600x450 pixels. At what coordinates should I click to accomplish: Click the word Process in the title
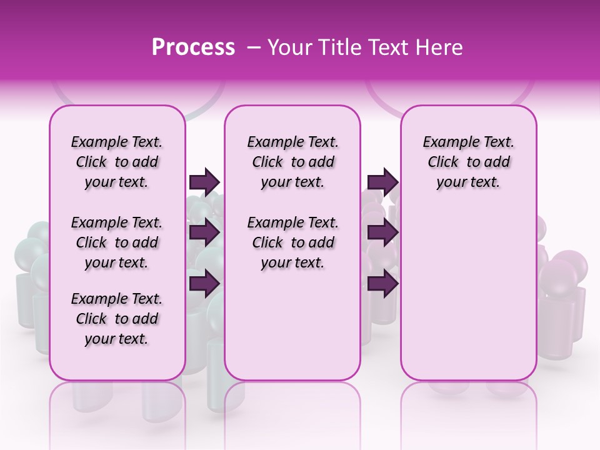193,47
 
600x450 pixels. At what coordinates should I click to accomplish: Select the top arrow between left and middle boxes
204,182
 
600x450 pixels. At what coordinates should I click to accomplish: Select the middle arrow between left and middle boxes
204,232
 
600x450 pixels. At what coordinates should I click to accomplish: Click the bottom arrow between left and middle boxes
204,283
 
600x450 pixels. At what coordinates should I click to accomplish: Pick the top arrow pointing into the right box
382,182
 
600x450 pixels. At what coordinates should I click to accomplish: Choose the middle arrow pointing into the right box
382,232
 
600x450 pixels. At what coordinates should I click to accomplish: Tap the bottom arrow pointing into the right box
382,283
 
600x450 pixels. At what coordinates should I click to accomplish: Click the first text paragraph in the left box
117,162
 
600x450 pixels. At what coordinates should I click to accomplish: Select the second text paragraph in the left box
117,242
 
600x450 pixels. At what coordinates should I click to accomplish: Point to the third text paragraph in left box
117,319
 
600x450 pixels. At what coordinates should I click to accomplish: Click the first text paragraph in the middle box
292,162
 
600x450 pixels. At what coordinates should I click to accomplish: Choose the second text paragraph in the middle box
292,242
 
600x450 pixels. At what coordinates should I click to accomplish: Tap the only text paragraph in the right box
468,162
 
